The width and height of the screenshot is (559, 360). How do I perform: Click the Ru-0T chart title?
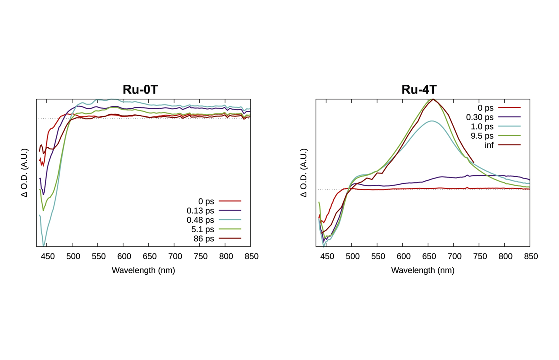140,90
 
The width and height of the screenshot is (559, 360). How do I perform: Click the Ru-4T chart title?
419,90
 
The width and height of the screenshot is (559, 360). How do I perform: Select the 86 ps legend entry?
204,239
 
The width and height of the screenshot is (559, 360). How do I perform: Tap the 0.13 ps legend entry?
200,211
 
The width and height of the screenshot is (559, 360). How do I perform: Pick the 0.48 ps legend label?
200,220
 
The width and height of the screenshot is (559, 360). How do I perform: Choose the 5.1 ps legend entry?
203,229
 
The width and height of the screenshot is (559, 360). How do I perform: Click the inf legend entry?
489,145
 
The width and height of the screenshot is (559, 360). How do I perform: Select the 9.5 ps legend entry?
482,136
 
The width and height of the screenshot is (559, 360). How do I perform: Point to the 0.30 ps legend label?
480,117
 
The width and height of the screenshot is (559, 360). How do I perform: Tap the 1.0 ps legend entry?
482,127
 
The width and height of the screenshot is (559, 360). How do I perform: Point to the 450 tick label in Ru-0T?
48,256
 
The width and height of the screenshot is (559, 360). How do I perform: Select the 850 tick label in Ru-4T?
531,256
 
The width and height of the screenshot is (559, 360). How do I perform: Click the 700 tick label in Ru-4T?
455,256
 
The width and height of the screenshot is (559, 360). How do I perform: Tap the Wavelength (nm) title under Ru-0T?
143,270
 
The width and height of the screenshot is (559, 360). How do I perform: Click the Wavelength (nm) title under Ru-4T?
423,270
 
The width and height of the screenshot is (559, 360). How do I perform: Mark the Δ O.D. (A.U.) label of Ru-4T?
303,173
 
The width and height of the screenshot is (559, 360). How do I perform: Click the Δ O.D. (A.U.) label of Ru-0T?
24,173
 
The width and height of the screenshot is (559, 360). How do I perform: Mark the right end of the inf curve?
474,162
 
